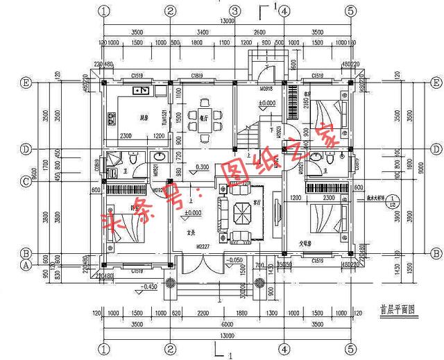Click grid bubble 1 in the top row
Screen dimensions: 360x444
pos(104,11)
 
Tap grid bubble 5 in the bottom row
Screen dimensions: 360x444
pos(351,348)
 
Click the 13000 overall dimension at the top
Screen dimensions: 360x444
pos(227,22)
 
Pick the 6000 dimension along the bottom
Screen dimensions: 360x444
pos(227,324)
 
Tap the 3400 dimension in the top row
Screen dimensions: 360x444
pos(202,32)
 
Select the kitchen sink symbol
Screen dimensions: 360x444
pos(142,90)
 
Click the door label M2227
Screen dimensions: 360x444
pos(202,246)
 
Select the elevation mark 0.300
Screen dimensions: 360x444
pos(202,167)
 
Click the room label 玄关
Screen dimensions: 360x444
pos(190,234)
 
